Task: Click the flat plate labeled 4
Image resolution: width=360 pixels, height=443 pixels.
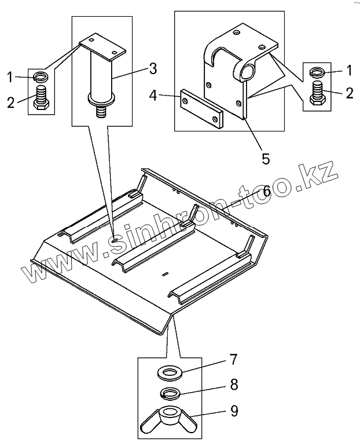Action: [201, 108]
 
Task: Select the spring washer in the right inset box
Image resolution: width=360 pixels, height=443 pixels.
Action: [318, 72]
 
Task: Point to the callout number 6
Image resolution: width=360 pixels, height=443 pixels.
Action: [267, 191]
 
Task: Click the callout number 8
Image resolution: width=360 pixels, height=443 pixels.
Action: [233, 385]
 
